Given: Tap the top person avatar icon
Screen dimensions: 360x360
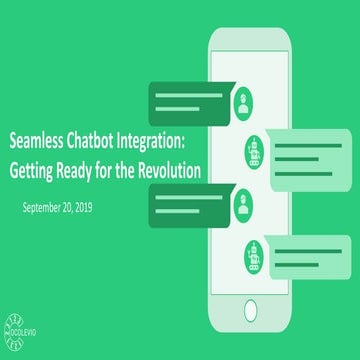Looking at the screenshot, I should (245, 99).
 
